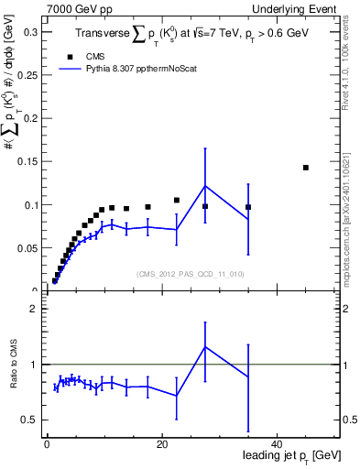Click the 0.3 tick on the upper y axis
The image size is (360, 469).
coord(30,32)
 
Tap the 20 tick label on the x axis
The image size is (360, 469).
coord(161,443)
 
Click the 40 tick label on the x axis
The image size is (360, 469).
coord(277,443)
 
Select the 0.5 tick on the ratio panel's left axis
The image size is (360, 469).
coord(30,420)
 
